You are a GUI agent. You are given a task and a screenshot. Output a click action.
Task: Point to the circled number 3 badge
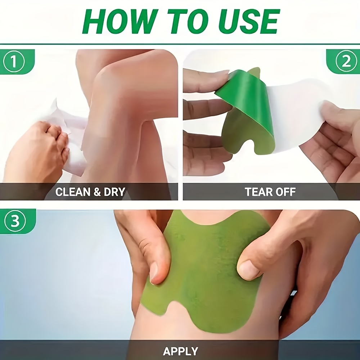click(15, 221)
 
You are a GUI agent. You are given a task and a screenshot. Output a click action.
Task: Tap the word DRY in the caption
click(114, 192)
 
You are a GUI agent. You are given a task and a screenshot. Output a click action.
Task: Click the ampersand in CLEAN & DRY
click(97, 192)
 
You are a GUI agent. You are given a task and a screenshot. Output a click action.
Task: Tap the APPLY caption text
click(180, 351)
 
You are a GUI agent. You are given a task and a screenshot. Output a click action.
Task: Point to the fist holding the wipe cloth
click(36, 151)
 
